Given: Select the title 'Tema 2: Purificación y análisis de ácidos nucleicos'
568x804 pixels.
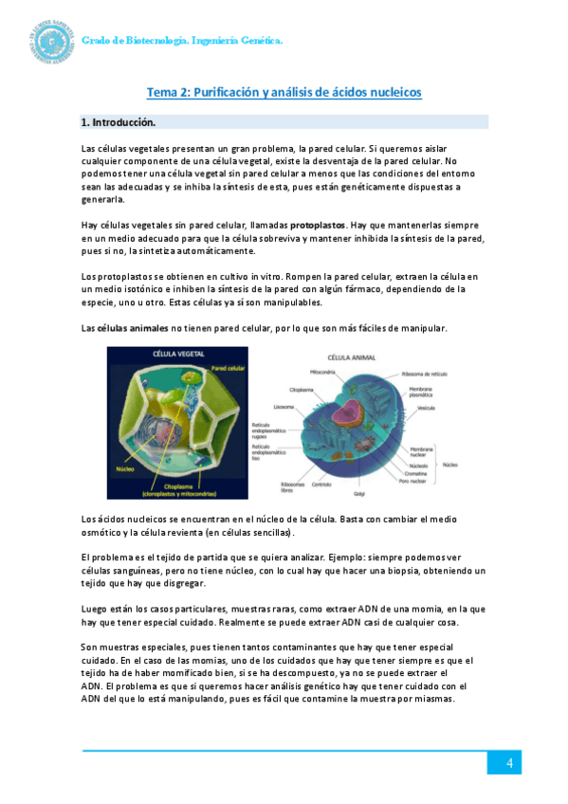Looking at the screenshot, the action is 284,92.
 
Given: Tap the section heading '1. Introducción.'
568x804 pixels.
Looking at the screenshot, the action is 118,122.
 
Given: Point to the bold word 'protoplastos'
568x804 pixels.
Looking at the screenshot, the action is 318,225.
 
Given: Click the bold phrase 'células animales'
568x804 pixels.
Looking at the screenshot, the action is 131,328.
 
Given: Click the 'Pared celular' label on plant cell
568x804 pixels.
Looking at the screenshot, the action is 230,368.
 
